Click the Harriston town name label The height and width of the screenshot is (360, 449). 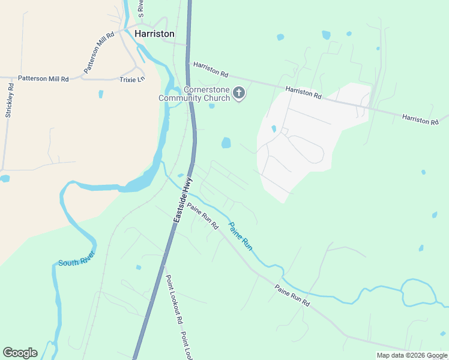coord(154,34)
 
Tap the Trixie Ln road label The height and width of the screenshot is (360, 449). coord(132,79)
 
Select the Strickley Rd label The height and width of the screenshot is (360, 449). coord(9,103)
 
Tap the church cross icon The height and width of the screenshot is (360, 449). coord(239,93)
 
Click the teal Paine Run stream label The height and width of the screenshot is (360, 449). coord(240,235)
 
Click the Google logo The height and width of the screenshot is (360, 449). coord(20,353)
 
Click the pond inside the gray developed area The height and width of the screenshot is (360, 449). coord(274,128)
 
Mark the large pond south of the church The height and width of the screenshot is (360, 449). coord(226,143)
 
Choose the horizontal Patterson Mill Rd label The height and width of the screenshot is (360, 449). coord(43,79)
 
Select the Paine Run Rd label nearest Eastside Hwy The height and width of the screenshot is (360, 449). coord(202,216)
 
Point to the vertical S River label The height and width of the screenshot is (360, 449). coord(141,8)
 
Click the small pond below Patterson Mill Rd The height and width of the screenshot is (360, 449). coord(101,94)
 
